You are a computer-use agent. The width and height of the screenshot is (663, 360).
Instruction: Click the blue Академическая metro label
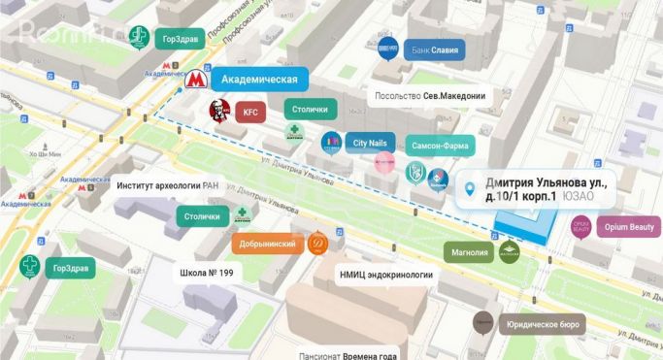click(x=259, y=79)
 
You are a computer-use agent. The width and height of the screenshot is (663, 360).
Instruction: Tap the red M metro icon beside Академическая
click(x=195, y=81)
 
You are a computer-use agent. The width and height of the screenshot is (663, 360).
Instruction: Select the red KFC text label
click(x=250, y=113)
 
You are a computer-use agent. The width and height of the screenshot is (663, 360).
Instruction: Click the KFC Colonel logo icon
click(x=217, y=112)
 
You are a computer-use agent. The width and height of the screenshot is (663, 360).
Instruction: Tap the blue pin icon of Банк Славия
click(x=388, y=49)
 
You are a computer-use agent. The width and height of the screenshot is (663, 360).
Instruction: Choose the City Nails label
click(x=370, y=143)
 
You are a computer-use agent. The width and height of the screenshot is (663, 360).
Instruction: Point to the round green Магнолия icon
click(x=510, y=252)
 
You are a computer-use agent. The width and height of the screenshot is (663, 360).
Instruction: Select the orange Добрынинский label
click(x=265, y=245)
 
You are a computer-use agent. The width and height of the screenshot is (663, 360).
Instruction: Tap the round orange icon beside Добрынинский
click(x=316, y=245)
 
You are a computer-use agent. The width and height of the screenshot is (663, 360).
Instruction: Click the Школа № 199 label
click(x=207, y=273)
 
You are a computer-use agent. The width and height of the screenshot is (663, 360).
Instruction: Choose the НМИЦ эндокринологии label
click(x=385, y=275)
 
